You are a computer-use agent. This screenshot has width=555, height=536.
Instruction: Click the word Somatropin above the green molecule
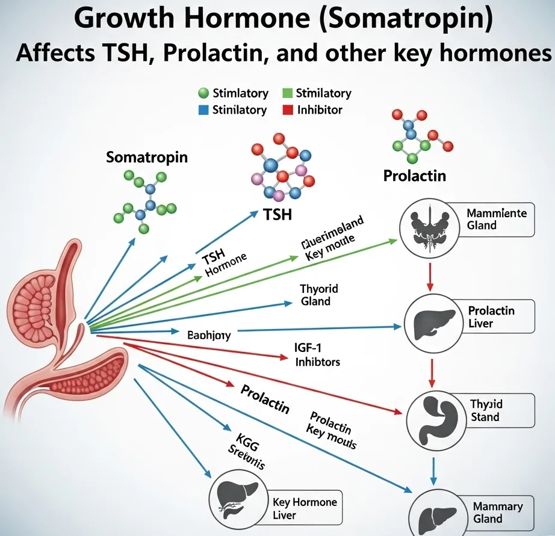coord(147,158)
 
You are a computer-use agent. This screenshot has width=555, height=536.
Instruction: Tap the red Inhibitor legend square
coord(287,110)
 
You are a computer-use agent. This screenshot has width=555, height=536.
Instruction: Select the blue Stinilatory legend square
coord(202,110)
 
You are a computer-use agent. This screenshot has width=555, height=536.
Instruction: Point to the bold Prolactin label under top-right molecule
coord(415,176)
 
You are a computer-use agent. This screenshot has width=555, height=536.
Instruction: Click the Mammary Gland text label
coord(497,513)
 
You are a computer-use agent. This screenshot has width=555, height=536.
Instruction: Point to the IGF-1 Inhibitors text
coord(318,354)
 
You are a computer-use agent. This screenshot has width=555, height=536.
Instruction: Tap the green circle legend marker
coord(203,93)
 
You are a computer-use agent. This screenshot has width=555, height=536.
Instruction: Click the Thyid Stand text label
coord(485,410)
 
